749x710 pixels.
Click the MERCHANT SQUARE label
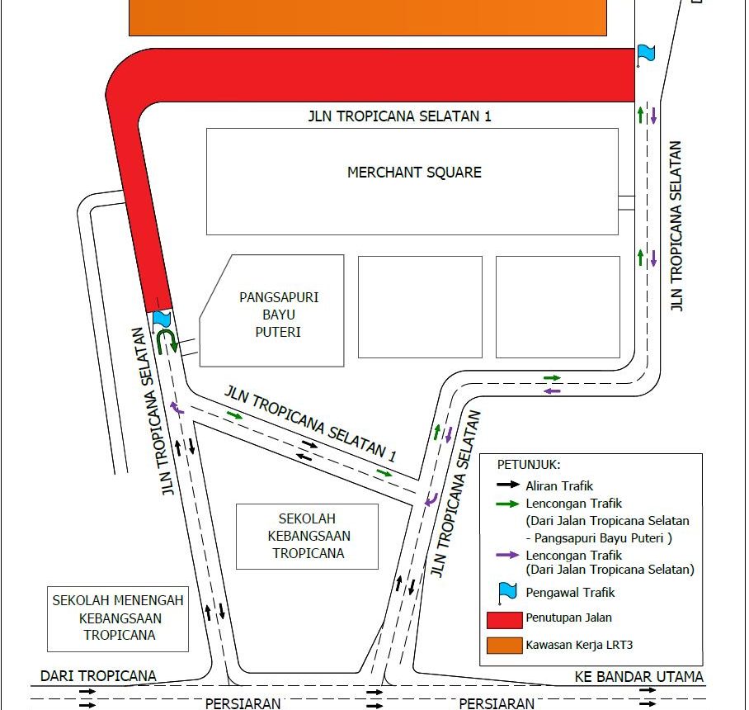(414, 172)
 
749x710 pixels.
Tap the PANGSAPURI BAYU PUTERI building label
(279, 315)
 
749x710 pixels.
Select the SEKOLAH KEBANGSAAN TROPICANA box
(307, 537)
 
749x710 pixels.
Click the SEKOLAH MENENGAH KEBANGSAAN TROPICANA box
(118, 618)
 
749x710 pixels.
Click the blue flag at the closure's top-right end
(646, 54)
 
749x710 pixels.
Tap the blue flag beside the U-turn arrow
(161, 319)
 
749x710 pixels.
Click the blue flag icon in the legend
(507, 593)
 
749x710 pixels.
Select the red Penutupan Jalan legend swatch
(505, 620)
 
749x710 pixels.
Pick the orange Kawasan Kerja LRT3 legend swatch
(505, 646)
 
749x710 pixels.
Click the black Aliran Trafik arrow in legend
(508, 485)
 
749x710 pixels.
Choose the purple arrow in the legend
(508, 555)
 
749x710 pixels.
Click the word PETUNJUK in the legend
(528, 465)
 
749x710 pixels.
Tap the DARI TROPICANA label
(98, 675)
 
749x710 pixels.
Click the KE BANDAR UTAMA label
(638, 676)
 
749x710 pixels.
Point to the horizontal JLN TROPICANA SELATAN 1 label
(399, 116)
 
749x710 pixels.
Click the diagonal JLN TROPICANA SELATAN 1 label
(310, 424)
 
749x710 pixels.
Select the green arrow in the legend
(508, 504)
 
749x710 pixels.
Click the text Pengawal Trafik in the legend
(570, 593)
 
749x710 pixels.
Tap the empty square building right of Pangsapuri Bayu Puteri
(421, 307)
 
